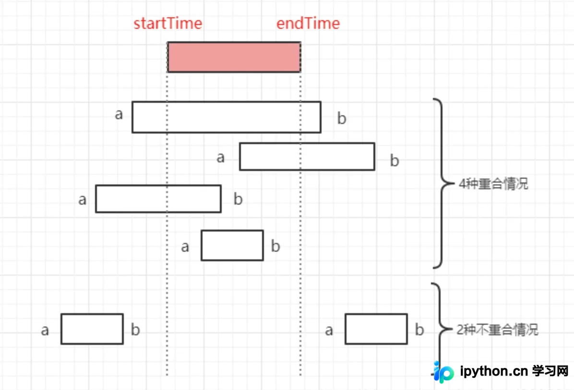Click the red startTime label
point(167,24)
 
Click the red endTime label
point(308,24)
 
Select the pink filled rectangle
point(234,57)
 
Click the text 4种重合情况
point(493,184)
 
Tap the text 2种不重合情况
point(498,329)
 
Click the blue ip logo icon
point(443,372)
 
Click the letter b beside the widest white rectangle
point(342,118)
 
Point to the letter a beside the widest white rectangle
point(119,114)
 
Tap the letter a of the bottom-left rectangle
point(45,330)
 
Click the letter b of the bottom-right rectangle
point(419,329)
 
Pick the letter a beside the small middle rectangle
point(185,247)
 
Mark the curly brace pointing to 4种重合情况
point(442,183)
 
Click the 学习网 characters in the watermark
point(550,371)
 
